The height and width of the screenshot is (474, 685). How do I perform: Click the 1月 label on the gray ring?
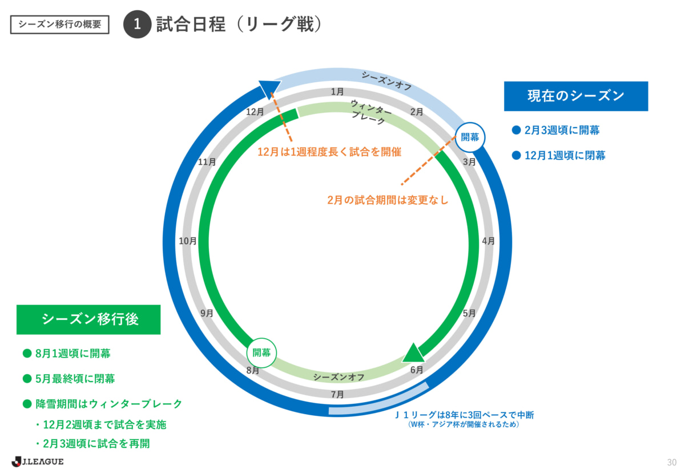pos(337,91)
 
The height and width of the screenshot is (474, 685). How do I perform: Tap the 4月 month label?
pos(488,241)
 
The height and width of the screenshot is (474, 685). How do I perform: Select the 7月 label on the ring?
pos(337,394)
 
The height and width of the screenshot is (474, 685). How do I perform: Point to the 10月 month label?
pos(188,241)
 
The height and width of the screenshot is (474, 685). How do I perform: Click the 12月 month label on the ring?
pos(255,112)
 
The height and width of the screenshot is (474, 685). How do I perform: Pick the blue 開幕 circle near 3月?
pos(470,137)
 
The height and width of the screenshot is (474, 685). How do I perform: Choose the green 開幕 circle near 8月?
pos(261,353)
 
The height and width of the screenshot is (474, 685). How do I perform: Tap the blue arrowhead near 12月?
pos(269,87)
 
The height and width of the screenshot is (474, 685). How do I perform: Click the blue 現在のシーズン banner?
pos(576,96)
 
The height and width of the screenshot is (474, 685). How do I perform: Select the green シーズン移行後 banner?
pos(88,319)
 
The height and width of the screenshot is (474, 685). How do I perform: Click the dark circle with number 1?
pos(137,25)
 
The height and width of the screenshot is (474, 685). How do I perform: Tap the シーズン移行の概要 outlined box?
pos(60,25)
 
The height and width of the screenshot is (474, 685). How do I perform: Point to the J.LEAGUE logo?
pos(38,461)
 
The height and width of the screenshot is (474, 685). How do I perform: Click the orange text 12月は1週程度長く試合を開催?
pos(329,152)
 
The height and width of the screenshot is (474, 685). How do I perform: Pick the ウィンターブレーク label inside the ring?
pos(371,109)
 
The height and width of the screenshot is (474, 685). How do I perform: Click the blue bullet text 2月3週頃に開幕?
pos(562,130)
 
